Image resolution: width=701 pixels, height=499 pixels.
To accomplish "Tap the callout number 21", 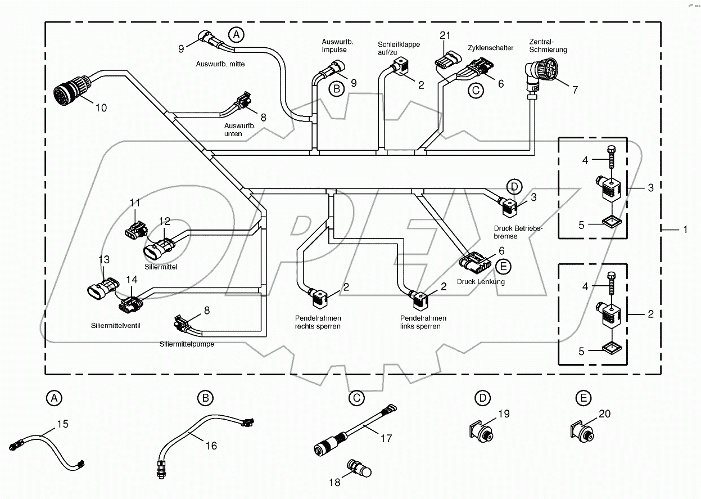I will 445,35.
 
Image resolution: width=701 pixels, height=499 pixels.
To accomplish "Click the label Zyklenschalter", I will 490,48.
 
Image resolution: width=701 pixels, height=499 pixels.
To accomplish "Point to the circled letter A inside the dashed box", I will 237,35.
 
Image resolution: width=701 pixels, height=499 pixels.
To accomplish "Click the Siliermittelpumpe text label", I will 187,344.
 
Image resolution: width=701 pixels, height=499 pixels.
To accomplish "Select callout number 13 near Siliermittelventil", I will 104,259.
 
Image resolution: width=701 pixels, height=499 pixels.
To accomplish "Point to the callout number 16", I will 211,446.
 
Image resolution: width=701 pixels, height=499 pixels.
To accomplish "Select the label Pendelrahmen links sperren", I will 420,322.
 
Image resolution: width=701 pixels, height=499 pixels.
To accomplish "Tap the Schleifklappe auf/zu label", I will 398,48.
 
